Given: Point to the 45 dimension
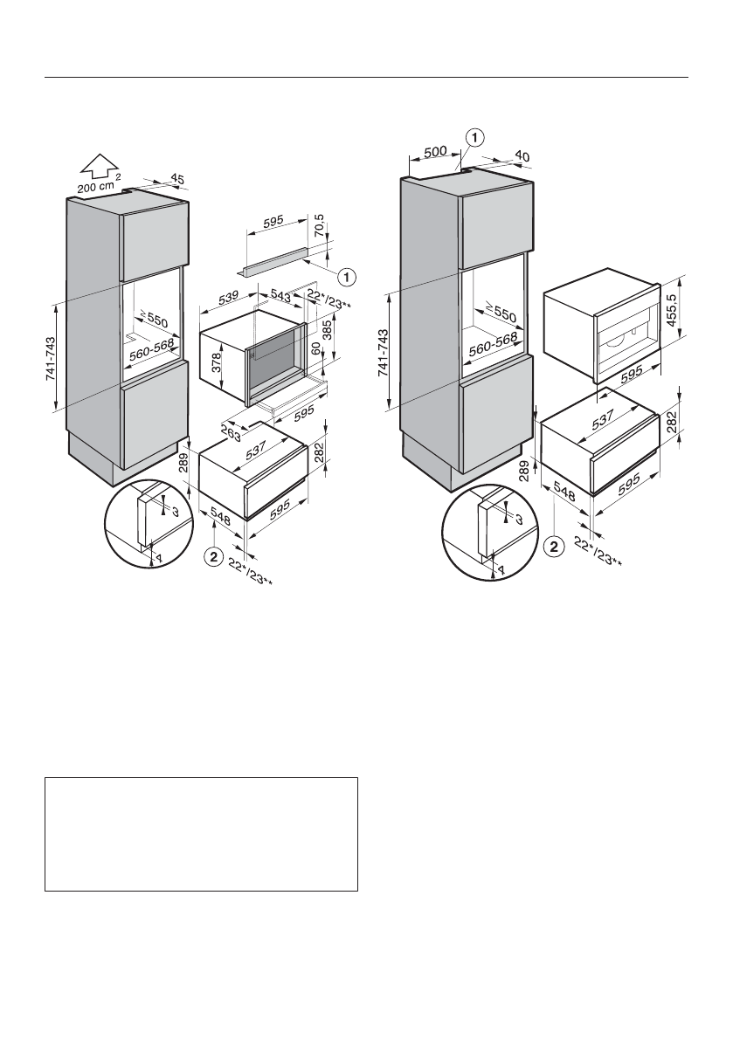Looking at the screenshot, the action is pyautogui.click(x=176, y=178).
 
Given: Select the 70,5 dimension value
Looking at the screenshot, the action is pyautogui.click(x=322, y=231).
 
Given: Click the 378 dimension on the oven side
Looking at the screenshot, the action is pyautogui.click(x=214, y=360).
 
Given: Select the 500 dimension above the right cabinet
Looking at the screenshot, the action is pyautogui.click(x=435, y=152).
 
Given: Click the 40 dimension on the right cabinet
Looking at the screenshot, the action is pyautogui.click(x=522, y=155).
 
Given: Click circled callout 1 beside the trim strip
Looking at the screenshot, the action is pyautogui.click(x=348, y=277).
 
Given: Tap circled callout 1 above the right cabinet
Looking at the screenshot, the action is pyautogui.click(x=474, y=136).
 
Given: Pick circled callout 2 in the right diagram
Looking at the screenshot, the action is pyautogui.click(x=551, y=548).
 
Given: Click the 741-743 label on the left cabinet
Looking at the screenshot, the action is pyautogui.click(x=52, y=358).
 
